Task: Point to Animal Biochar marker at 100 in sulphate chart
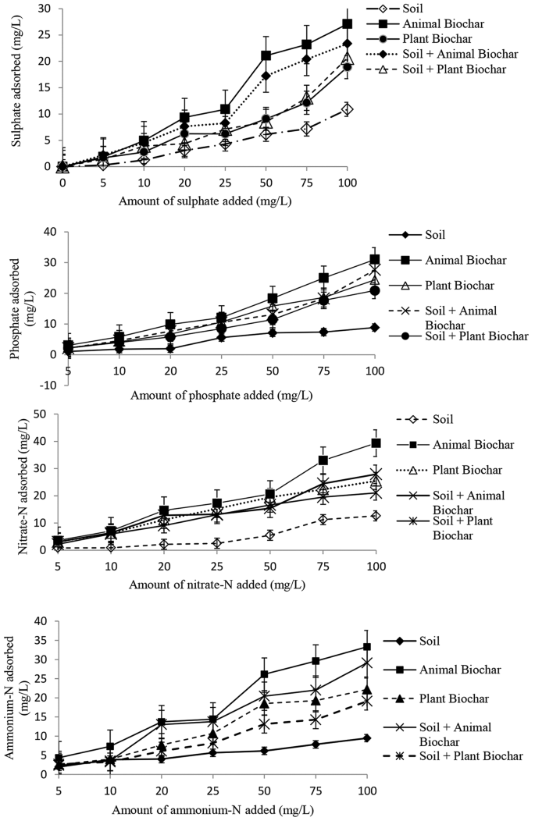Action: coord(347,24)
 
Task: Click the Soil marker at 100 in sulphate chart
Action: coord(347,109)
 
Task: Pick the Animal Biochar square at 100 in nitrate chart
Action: coord(376,443)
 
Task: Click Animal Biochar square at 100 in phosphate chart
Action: coord(376,259)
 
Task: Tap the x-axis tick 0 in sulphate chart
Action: coord(62,179)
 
